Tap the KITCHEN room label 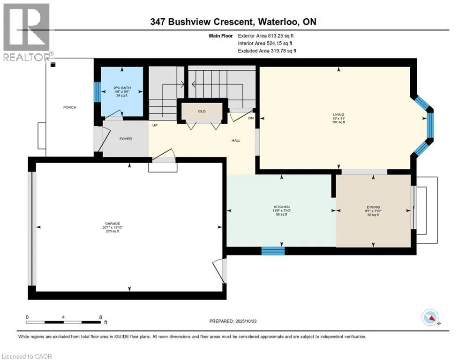coord(282,207)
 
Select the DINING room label coord(373,207)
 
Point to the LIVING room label coord(338,114)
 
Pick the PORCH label coord(70,107)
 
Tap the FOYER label coord(125,139)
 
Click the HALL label coord(236,140)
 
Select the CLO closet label coord(202,111)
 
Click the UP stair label coord(154,126)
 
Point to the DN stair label coord(251,118)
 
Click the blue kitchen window coord(273,251)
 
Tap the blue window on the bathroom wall coord(97,92)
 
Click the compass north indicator coord(430,318)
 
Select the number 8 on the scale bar coord(100,317)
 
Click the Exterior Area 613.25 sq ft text coord(266,35)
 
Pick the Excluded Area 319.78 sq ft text coord(267,51)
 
